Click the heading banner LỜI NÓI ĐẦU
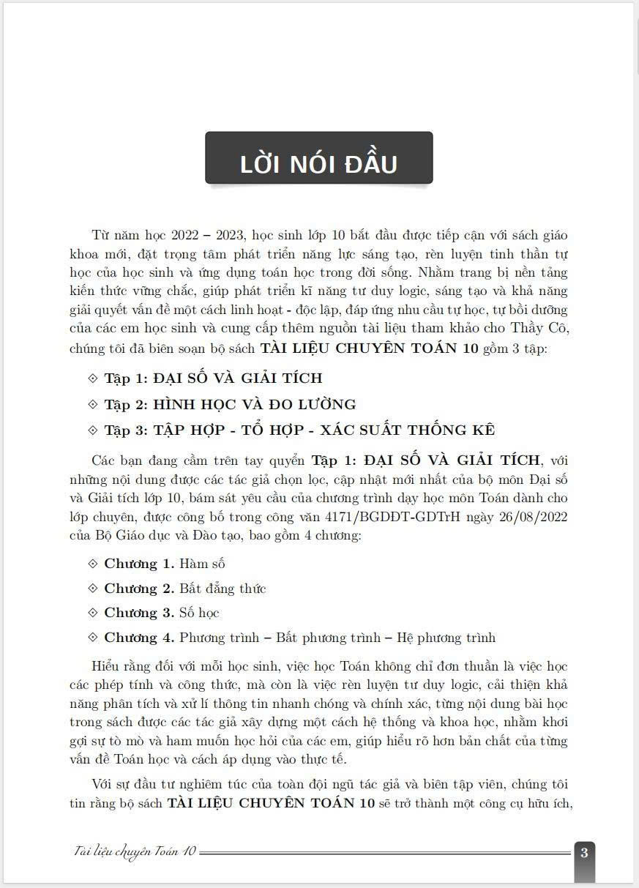point(318,163)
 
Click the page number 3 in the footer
point(584,852)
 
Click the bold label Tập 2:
point(127,404)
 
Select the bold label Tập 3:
point(127,430)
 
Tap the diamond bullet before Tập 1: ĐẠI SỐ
point(92,378)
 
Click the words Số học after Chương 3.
point(199,613)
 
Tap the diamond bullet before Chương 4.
point(92,638)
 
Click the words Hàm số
point(201,564)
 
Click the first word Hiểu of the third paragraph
point(108,667)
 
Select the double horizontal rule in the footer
point(384,852)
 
